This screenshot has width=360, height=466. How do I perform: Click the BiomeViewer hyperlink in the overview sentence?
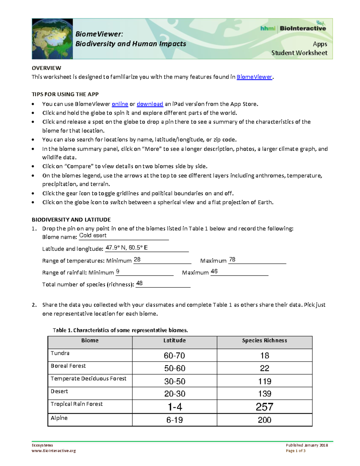point(254,77)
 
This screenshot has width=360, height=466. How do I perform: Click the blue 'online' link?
point(120,104)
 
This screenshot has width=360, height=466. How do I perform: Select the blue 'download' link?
point(150,104)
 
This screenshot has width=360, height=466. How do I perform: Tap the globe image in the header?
point(52,39)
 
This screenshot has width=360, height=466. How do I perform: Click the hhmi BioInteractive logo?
point(293,28)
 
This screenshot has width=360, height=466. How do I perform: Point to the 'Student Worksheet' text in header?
point(299,53)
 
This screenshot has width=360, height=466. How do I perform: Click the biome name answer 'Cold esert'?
point(93,236)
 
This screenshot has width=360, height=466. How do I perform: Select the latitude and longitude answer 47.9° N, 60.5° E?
point(127,248)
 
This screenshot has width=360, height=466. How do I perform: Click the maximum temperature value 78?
point(232,260)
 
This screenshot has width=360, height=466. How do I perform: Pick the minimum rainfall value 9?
point(118,271)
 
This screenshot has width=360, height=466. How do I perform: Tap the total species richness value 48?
point(139,283)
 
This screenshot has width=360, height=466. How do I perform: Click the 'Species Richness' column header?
point(264,340)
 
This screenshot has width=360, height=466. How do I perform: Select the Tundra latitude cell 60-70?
point(174,356)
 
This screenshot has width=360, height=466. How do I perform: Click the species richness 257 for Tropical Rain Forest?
point(264,407)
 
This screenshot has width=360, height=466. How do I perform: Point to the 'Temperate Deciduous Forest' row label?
point(88,379)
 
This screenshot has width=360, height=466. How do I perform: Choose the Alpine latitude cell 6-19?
point(174,420)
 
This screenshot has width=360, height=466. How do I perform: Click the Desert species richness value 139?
point(264,394)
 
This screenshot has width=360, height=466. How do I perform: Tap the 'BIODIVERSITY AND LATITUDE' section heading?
point(71,220)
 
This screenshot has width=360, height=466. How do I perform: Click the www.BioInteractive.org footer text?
point(54,451)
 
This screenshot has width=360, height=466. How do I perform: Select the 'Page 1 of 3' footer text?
point(295,451)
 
